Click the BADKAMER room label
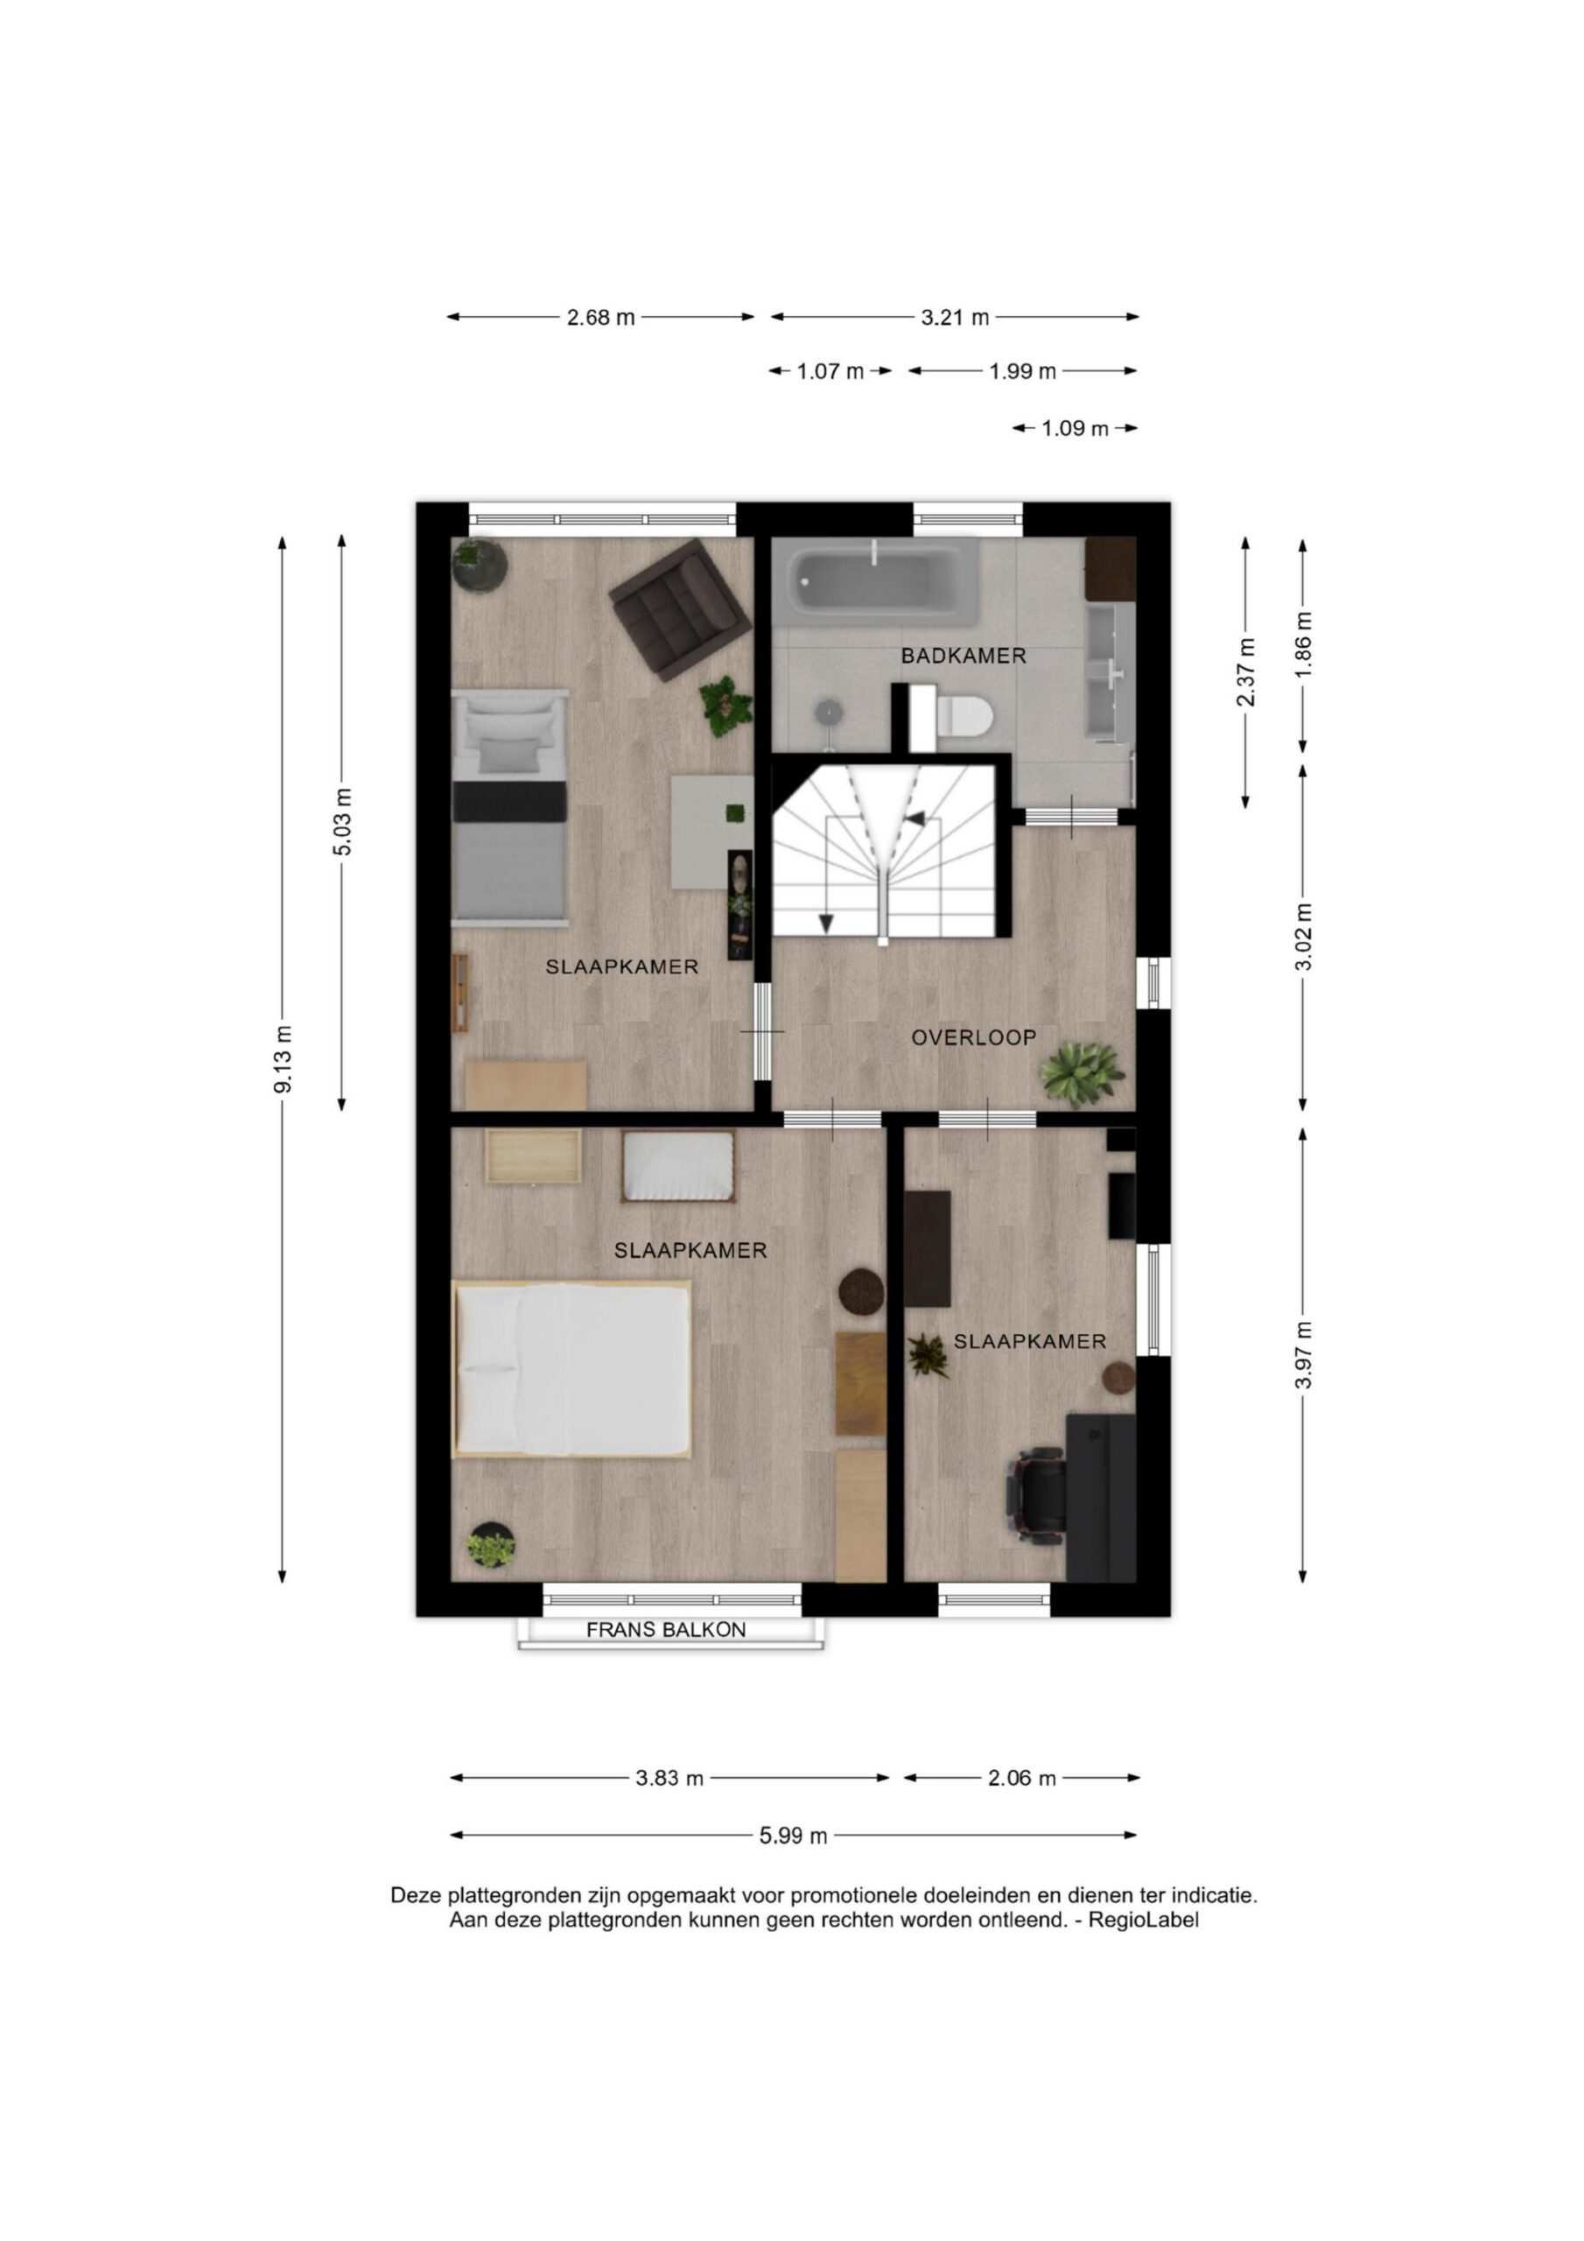click(964, 656)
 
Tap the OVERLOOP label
click(973, 1037)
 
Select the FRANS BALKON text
click(666, 1629)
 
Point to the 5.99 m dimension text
click(794, 1836)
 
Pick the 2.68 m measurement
click(601, 317)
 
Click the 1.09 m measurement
click(1076, 428)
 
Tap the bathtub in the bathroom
click(876, 582)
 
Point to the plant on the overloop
click(1082, 1073)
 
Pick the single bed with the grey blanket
click(510, 804)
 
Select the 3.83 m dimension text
click(669, 1778)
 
